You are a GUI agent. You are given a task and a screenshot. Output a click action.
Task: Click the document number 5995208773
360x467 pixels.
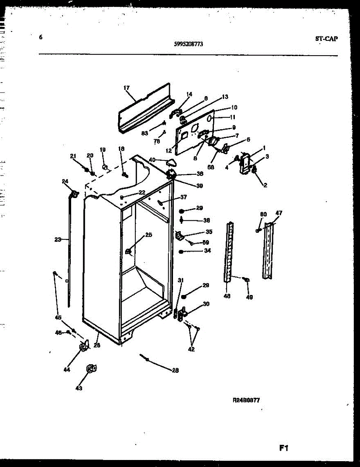(188, 44)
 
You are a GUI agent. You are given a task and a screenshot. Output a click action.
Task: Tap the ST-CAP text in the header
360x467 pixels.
(326, 38)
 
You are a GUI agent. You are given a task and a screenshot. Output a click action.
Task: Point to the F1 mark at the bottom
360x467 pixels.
(283, 448)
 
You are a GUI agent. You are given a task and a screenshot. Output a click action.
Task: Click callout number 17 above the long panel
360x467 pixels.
(126, 88)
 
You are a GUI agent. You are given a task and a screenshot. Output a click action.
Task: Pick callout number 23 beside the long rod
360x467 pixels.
(58, 240)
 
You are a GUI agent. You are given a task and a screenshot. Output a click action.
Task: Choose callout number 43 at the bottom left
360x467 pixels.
(79, 388)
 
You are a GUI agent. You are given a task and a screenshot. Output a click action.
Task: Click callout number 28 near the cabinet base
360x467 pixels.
(175, 370)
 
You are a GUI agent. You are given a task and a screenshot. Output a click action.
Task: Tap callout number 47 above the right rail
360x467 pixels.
(279, 213)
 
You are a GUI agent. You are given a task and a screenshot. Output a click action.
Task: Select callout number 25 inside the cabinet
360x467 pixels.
(149, 235)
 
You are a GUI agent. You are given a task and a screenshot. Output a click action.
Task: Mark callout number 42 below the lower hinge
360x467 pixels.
(191, 349)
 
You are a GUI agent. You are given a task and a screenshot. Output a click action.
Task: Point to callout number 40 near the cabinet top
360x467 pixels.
(152, 160)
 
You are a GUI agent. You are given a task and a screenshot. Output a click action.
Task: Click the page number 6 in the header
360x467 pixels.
(41, 37)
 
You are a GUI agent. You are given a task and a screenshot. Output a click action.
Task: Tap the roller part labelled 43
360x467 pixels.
(91, 368)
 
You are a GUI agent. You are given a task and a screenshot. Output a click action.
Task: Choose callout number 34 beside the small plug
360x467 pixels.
(208, 251)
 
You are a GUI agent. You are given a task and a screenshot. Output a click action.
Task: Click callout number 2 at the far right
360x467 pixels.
(265, 185)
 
